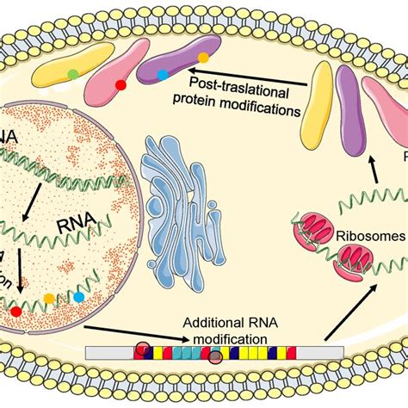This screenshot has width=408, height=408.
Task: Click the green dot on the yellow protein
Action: (x=74, y=74)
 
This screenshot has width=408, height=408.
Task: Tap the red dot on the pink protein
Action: (x=121, y=87)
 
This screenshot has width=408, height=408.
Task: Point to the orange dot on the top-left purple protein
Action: (x=203, y=58)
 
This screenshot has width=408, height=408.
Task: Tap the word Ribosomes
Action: (x=337, y=215)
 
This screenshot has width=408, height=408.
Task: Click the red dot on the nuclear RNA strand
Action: (x=15, y=309)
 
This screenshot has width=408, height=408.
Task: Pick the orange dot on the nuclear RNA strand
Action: (x=49, y=298)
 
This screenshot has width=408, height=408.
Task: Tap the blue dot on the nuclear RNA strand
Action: (x=79, y=297)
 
